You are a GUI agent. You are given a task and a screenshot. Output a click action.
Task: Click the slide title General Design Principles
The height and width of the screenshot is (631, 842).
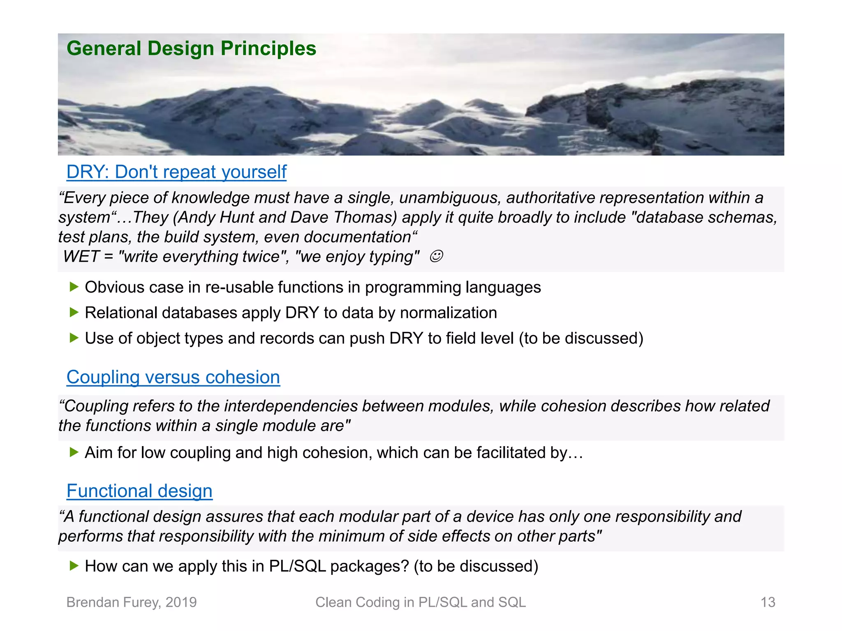(x=191, y=48)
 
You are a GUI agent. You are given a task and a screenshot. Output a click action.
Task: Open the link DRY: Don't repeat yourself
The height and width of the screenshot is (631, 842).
(x=176, y=172)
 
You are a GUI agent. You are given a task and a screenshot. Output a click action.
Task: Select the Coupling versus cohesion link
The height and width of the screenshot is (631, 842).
(x=173, y=377)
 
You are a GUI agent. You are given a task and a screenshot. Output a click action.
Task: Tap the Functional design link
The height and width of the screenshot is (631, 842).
(x=139, y=491)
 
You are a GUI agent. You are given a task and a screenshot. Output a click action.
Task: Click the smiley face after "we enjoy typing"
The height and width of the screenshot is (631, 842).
(x=436, y=256)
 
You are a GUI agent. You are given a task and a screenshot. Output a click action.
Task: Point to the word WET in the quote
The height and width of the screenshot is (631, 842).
(x=81, y=257)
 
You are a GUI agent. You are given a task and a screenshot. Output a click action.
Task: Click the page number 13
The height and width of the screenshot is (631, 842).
(x=768, y=602)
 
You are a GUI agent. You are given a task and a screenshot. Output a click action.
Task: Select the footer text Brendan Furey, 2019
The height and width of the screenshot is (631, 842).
(x=132, y=602)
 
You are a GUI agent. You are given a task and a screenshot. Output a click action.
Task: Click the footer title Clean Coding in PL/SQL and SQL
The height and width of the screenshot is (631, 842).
(x=420, y=602)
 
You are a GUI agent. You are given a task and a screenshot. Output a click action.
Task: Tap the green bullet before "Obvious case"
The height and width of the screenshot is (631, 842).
(x=74, y=287)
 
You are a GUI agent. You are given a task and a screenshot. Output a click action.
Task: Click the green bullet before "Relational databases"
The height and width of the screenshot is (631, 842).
(x=74, y=312)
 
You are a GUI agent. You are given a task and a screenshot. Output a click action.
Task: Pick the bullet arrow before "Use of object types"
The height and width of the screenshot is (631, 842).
(x=74, y=338)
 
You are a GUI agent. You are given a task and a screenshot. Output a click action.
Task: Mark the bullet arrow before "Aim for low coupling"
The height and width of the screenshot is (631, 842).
(x=74, y=452)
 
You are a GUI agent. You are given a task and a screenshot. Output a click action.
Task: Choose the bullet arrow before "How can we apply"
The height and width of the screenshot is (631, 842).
(x=74, y=566)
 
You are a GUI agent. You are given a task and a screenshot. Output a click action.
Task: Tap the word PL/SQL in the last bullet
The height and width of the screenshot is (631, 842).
(x=297, y=567)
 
